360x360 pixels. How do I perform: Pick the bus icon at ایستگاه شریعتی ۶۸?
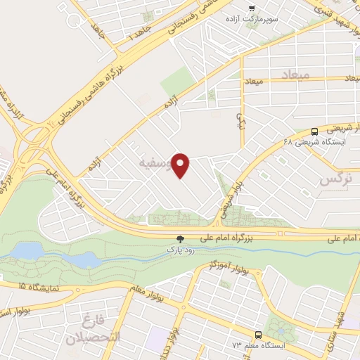(x=314, y=131)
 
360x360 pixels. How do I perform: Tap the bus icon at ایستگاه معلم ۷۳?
(x=258, y=335)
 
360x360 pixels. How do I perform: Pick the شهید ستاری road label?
(x=333, y=330)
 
